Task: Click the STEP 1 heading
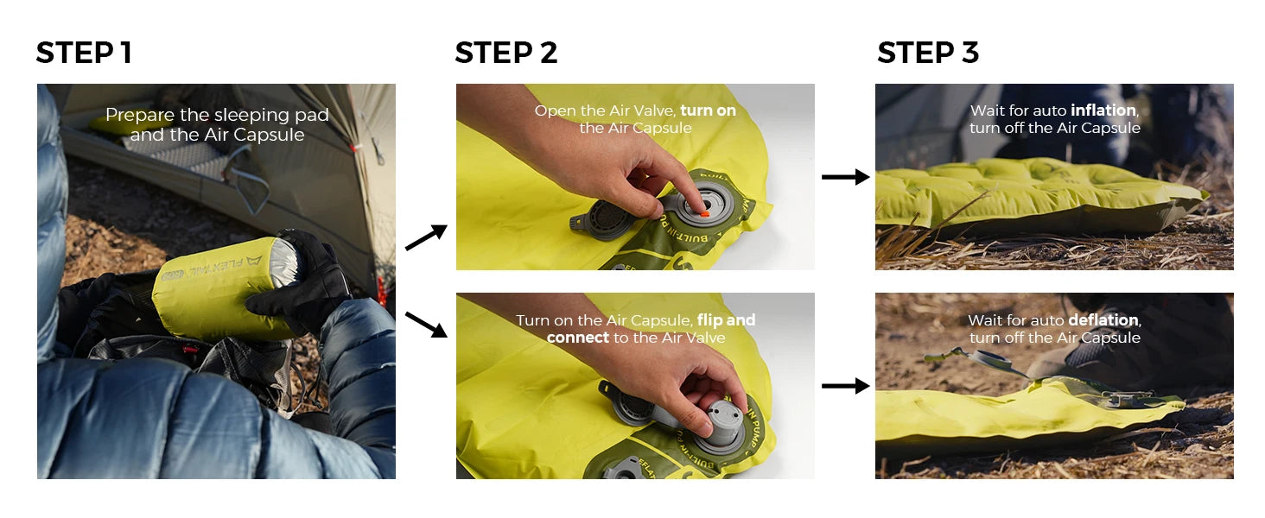pos(84,53)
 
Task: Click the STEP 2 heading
pos(506,53)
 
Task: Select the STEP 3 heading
pos(928,53)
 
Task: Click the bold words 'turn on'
pos(709,110)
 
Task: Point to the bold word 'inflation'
pos(1103,110)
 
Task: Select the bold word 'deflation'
pos(1103,320)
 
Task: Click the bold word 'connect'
pos(578,338)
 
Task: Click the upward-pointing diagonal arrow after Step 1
pos(426,237)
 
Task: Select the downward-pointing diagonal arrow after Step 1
pos(426,325)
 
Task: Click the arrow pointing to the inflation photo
pos(845,177)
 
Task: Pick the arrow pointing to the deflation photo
pos(845,386)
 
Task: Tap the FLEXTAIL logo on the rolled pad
pos(212,267)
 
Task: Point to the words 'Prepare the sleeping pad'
pos(217,115)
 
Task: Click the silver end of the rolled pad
pos(285,262)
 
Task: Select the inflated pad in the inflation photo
pos(1039,194)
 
